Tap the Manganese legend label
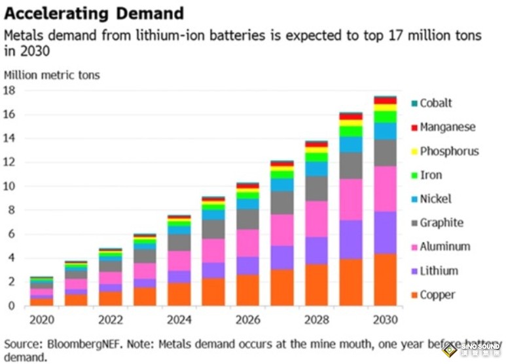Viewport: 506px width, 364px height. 448,127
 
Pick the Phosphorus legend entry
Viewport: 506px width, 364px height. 449,152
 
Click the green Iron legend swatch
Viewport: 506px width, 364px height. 414,176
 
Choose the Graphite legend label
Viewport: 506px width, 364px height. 441,223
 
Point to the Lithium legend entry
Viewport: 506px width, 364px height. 439,271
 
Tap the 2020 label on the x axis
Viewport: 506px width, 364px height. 42,319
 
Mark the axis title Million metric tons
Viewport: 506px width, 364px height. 52,75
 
